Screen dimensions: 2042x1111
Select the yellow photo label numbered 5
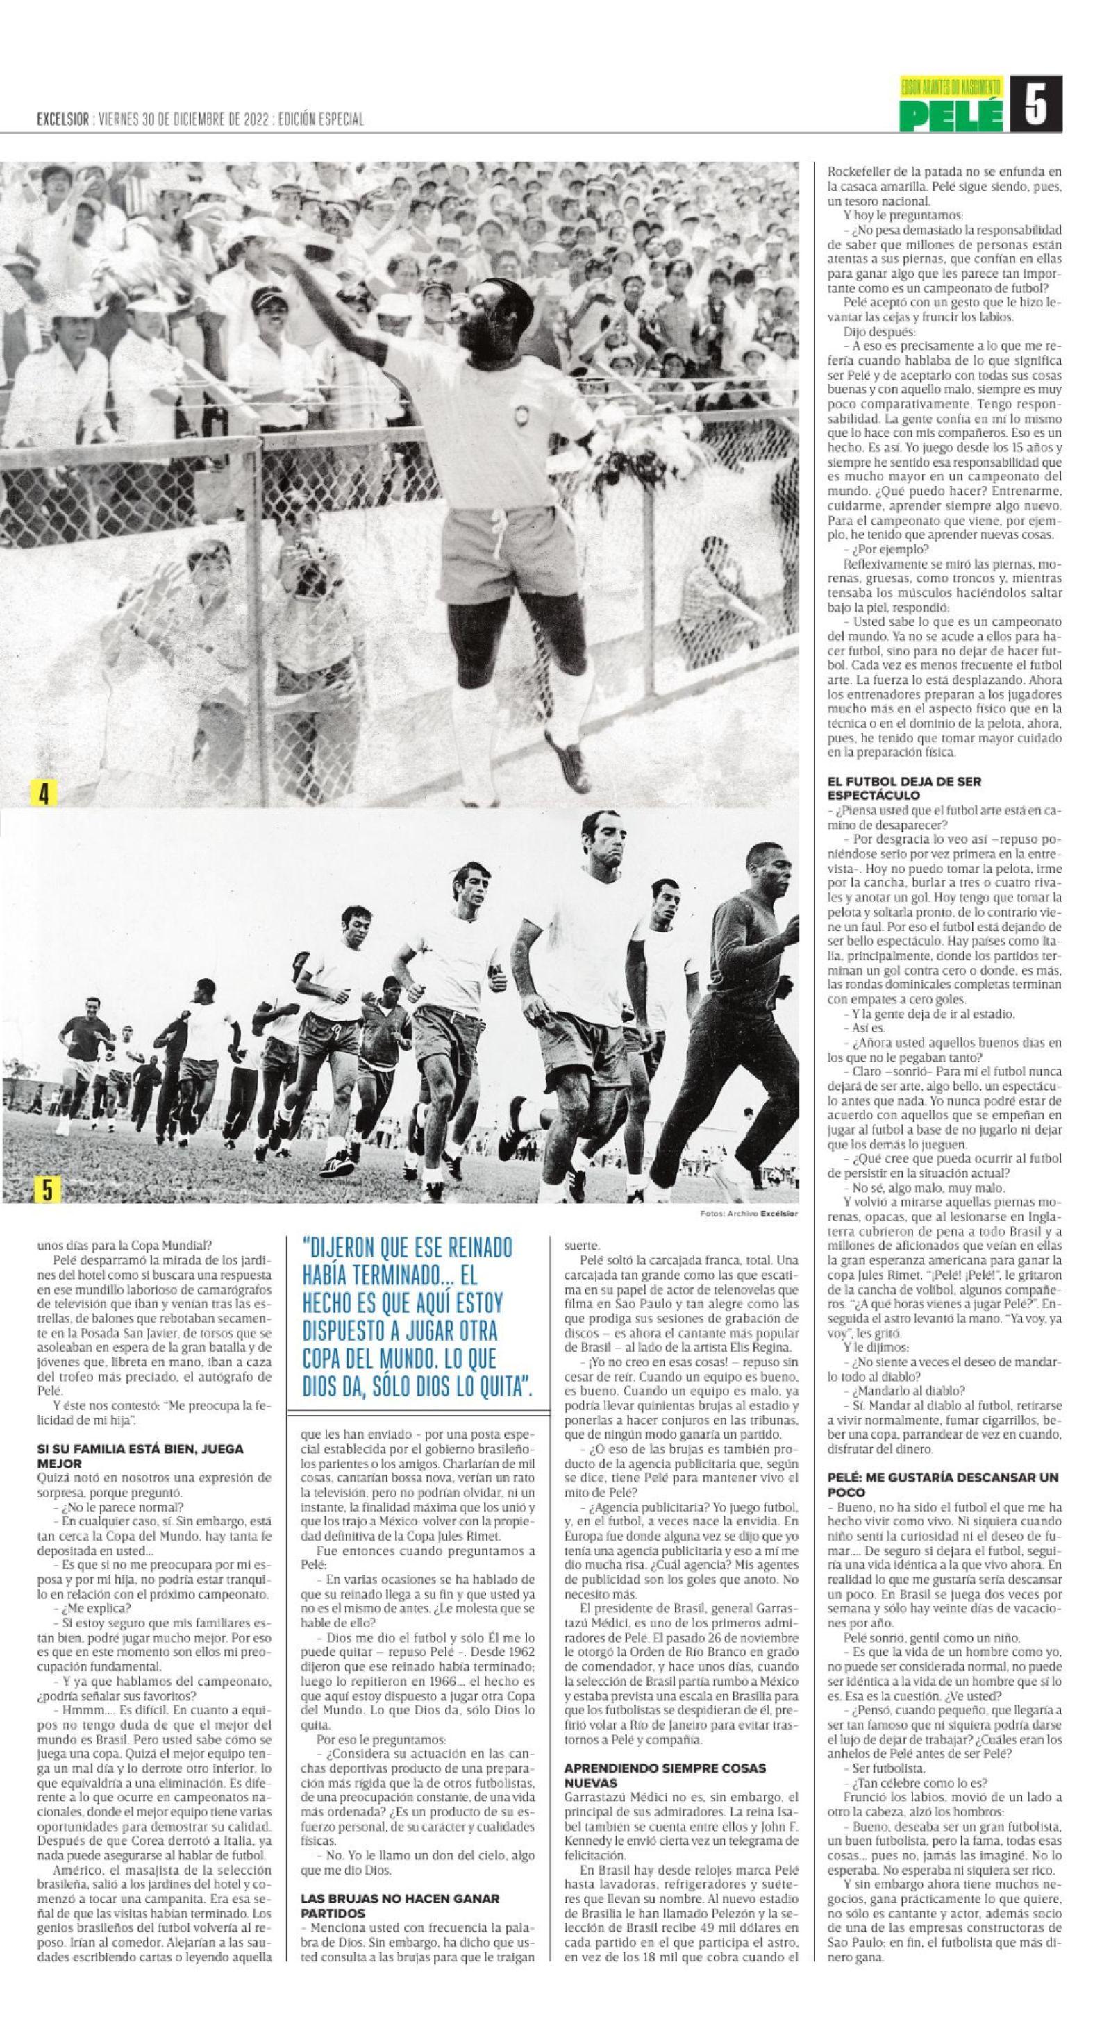[x=47, y=1190]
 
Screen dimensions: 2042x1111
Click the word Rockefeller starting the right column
[x=861, y=170]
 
